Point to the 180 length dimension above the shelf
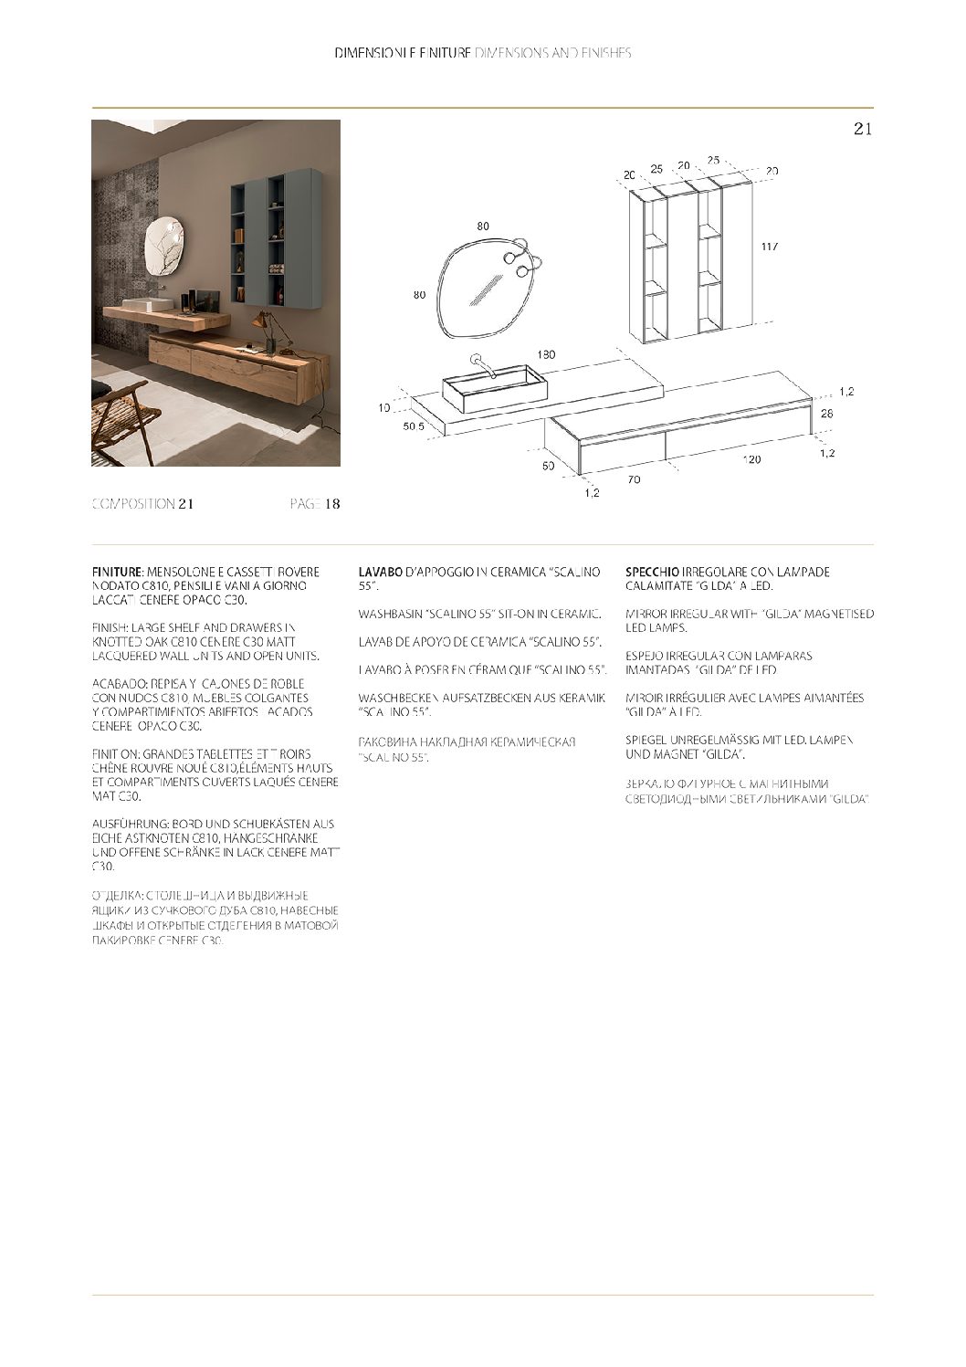[x=546, y=354]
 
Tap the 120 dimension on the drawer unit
[x=751, y=459]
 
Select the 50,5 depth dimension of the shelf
[x=414, y=426]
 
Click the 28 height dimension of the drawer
[x=826, y=414]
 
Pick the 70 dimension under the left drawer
[x=634, y=478]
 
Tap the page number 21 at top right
[x=863, y=129]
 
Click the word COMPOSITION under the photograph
[x=133, y=504]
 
